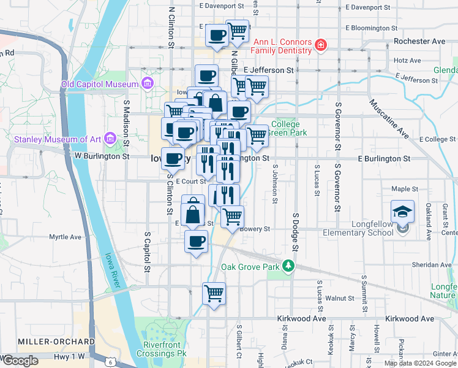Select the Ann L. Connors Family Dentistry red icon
[x=320, y=45]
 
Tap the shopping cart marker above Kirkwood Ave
[x=214, y=294]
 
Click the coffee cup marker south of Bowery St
[x=196, y=242]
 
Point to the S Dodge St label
[x=296, y=232]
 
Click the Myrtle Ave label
[x=66, y=237]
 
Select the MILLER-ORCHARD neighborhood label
[x=56, y=342]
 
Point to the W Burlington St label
[x=102, y=156]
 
